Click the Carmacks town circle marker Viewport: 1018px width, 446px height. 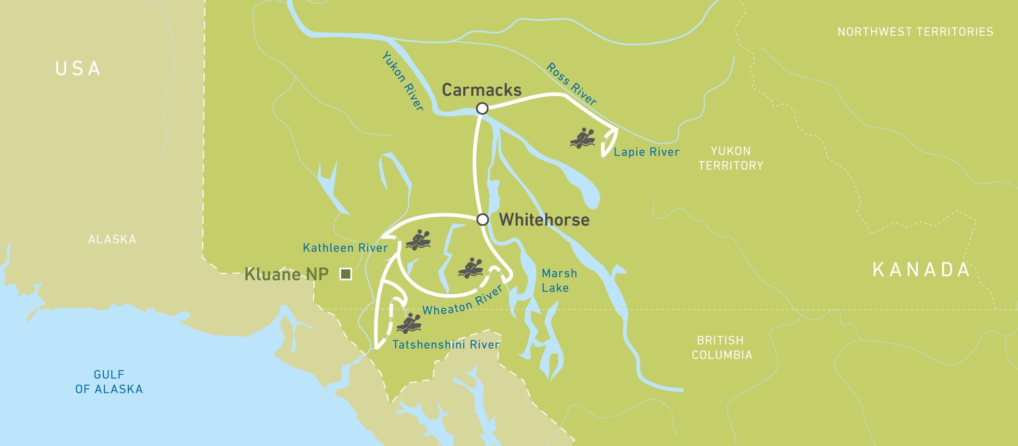(x=482, y=108)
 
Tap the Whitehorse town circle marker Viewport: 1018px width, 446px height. (x=483, y=219)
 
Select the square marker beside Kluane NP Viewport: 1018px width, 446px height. (x=345, y=274)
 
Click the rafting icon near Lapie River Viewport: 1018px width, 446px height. (x=582, y=138)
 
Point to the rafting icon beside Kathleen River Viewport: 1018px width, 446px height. (x=418, y=240)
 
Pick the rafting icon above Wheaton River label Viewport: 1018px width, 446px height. (x=471, y=268)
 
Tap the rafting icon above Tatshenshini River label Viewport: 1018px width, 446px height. (x=409, y=323)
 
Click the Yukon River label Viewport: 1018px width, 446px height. (x=403, y=81)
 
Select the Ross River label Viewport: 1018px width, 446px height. (x=571, y=84)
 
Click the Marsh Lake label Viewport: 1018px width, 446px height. (x=558, y=280)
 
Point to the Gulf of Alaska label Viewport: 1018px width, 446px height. (x=109, y=382)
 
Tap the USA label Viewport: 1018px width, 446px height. (x=78, y=69)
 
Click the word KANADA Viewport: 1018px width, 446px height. (x=921, y=269)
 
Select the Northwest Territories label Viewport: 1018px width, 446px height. (x=915, y=32)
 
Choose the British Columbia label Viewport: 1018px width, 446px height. (x=721, y=347)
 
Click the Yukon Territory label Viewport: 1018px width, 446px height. (x=730, y=158)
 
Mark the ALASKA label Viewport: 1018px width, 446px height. (x=112, y=239)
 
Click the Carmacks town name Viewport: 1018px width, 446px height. (x=481, y=90)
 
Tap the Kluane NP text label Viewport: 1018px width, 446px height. (x=286, y=274)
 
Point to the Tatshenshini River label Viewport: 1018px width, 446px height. (x=446, y=345)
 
